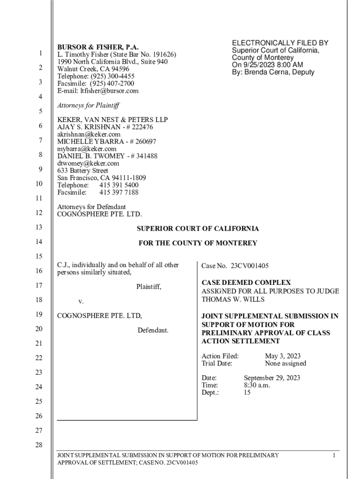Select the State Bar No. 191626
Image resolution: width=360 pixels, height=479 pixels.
(144, 55)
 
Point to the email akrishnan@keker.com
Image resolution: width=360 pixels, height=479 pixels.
(89, 134)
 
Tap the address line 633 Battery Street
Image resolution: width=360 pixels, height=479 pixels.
(82, 171)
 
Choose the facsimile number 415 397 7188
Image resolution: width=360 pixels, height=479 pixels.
(119, 192)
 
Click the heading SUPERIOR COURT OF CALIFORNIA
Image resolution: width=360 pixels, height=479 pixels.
(197, 229)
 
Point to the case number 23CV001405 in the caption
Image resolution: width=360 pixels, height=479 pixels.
(249, 266)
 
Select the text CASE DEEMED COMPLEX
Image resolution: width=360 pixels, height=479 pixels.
(246, 283)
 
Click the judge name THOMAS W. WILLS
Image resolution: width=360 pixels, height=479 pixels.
(232, 299)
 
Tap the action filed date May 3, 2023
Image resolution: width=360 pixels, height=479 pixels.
(282, 356)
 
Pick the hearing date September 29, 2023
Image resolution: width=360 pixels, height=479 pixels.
(272, 378)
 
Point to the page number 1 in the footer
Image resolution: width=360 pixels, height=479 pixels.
(334, 455)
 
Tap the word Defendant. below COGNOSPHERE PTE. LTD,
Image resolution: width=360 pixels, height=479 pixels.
(153, 331)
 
